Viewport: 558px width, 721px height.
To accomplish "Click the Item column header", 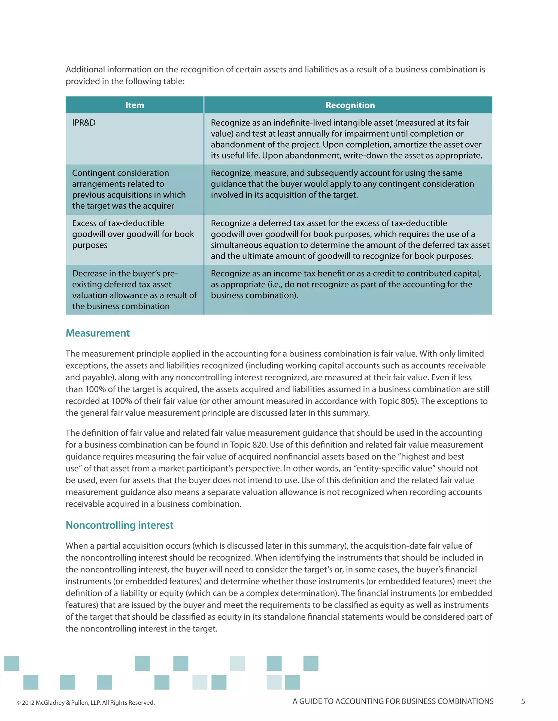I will (135, 105).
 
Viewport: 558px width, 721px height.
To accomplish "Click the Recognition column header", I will (350, 105).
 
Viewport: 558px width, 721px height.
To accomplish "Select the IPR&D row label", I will (84, 123).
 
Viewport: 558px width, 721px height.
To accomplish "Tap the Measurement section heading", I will (98, 333).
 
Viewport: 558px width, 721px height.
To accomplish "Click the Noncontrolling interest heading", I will (119, 525).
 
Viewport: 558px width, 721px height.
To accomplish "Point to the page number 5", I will (523, 701).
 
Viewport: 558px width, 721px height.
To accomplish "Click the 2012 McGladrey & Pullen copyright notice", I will (85, 703).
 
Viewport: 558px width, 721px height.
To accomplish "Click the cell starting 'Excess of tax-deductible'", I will (133, 234).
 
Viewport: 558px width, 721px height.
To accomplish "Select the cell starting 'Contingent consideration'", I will (129, 189).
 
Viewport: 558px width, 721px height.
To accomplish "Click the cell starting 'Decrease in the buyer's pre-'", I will (134, 289).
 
